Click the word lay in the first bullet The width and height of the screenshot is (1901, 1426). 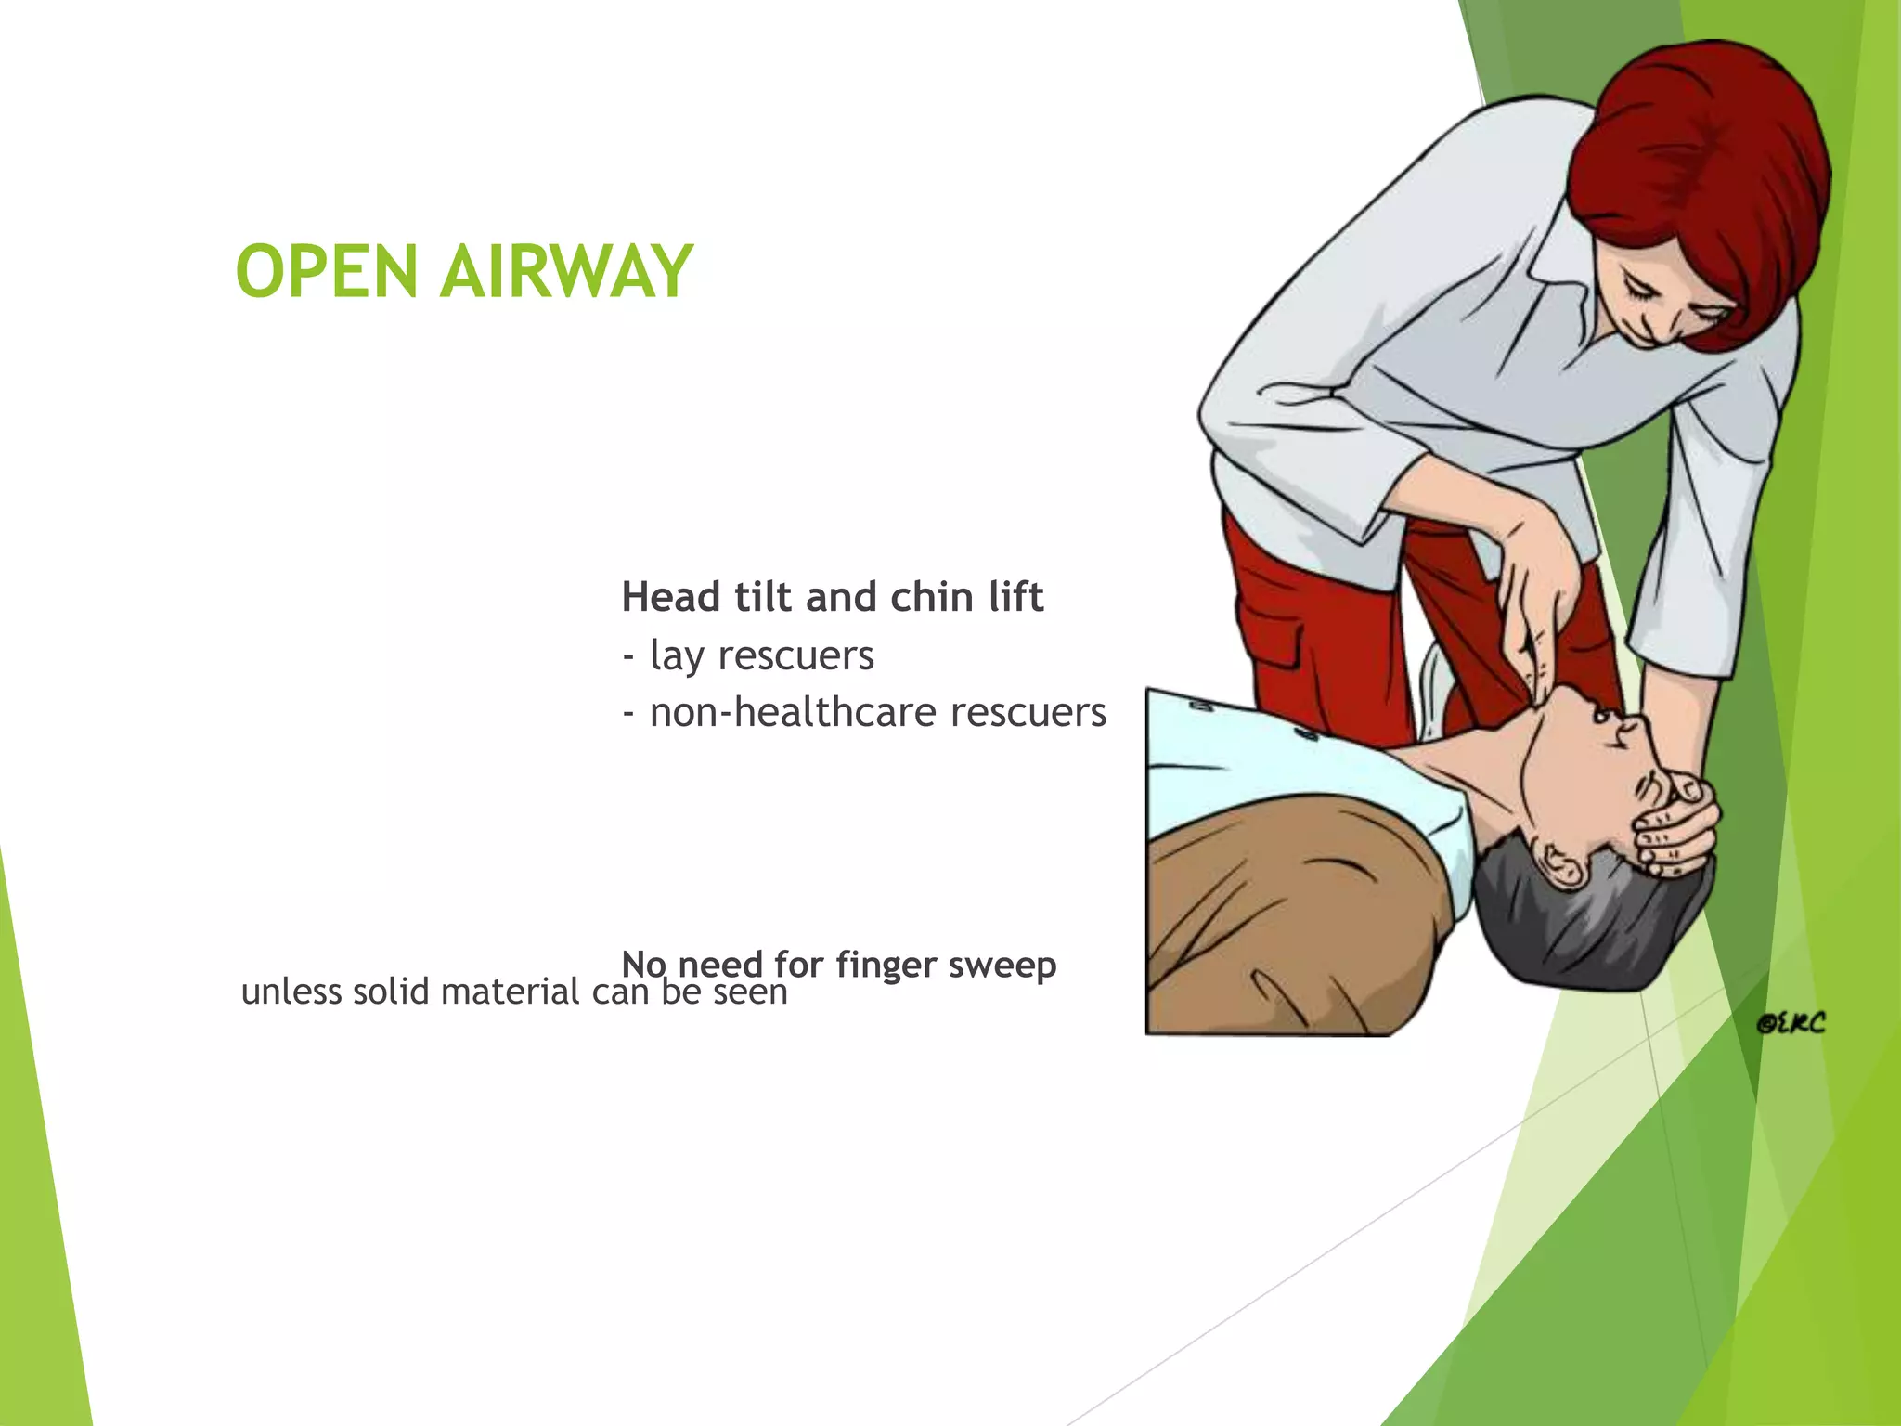[x=677, y=656]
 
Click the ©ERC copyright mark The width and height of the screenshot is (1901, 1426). [x=1791, y=1023]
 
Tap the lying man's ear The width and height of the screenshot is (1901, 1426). [x=1561, y=862]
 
